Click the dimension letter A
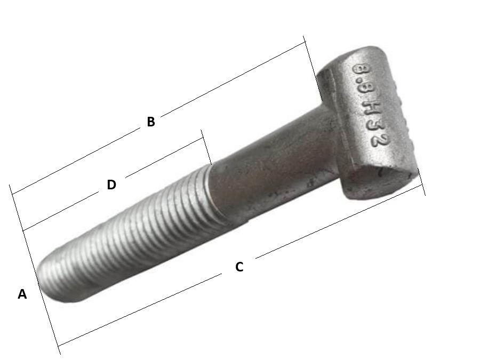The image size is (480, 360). tap(22, 294)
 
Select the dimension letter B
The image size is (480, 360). tap(151, 122)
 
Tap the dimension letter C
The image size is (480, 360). tap(239, 267)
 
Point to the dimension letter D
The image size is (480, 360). tap(111, 185)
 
